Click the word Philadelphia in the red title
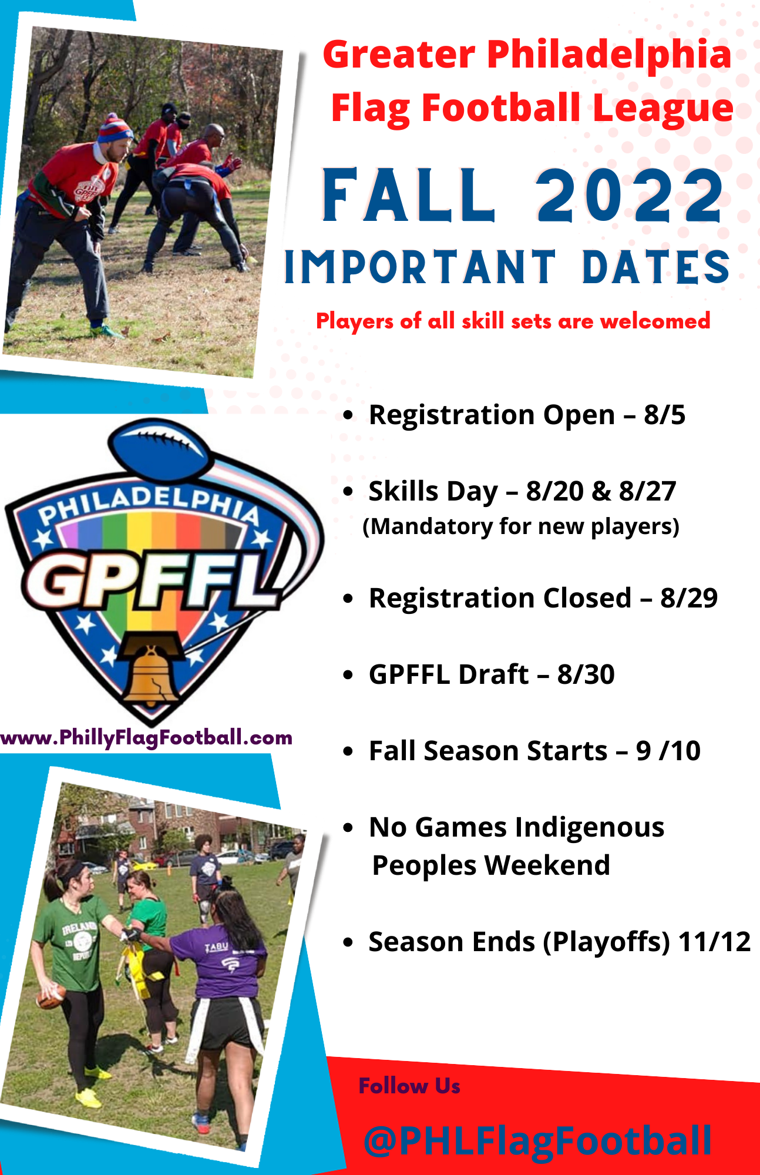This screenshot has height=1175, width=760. click(609, 54)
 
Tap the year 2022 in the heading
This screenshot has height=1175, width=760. click(630, 195)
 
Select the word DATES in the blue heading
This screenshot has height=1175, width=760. click(656, 267)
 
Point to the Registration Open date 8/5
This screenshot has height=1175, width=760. click(664, 415)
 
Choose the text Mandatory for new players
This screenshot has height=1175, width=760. click(521, 526)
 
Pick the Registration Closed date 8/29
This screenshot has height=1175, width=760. click(689, 598)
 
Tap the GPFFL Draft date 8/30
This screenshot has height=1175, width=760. click(586, 674)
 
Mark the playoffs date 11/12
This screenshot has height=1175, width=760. click(714, 942)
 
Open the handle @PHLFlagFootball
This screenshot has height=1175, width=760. click(537, 1140)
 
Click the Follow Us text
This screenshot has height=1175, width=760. click(409, 1086)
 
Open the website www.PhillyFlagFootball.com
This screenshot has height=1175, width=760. click(146, 737)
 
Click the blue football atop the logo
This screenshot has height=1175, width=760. click(160, 446)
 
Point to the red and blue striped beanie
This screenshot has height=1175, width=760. click(114, 129)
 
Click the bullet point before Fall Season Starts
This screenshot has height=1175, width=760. click(349, 751)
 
